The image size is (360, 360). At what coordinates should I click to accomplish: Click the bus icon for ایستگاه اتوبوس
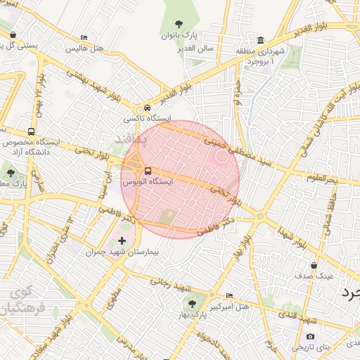pos(147,171)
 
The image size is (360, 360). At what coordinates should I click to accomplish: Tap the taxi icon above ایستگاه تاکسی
pos(146,108)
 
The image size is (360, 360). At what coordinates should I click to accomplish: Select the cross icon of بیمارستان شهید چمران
pos(122,241)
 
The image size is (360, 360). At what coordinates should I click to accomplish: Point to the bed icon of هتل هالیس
pos(84,38)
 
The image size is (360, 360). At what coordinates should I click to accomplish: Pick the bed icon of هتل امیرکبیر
pos(229,295)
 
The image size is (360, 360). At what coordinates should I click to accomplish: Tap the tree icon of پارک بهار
pos(192,304)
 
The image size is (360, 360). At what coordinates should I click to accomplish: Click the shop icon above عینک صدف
pos(314,265)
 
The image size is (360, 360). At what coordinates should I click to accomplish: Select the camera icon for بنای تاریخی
pos(311,337)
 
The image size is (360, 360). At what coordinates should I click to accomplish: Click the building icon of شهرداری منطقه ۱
pos(261,40)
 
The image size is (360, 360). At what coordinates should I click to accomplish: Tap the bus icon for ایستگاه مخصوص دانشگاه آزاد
pos(30,131)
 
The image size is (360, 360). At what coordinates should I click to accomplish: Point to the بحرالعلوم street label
pos(323,178)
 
